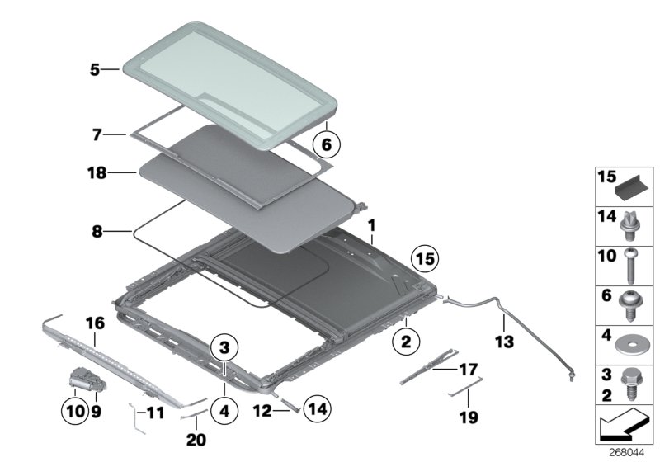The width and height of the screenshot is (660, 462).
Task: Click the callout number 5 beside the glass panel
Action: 94,71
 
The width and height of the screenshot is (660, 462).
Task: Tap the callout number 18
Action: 97,172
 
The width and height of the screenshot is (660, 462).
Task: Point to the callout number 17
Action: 469,369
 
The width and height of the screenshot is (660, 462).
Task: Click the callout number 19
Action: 469,418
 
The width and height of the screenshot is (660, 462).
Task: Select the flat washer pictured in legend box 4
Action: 629,339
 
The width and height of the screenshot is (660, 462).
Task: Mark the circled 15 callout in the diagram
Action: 424,260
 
